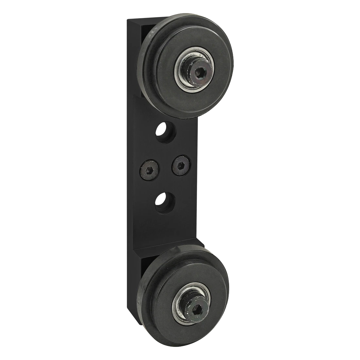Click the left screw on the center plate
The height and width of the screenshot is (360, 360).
(x=149, y=170)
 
